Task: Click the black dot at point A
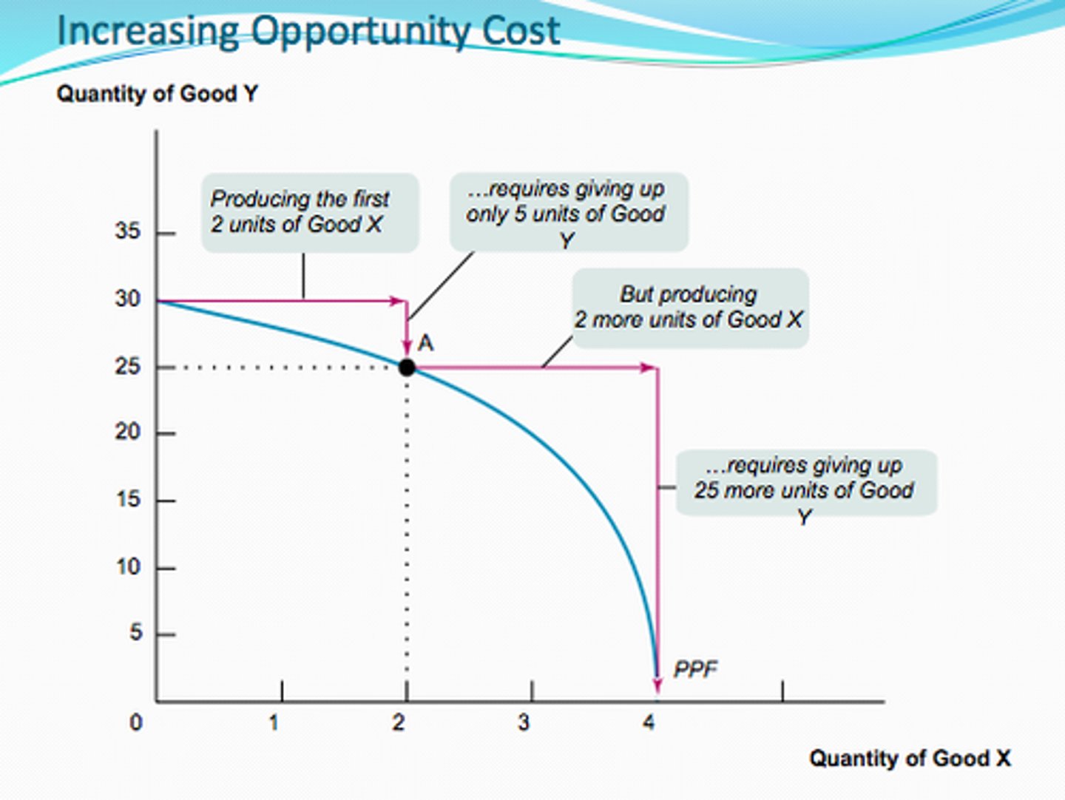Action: click(407, 367)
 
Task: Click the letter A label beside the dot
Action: click(426, 343)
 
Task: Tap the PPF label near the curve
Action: click(695, 669)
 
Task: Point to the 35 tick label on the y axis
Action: click(127, 231)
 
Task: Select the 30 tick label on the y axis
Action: click(127, 299)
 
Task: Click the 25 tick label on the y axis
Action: click(127, 366)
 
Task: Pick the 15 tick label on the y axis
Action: click(127, 499)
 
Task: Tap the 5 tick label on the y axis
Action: click(135, 633)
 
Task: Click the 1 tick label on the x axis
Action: click(274, 722)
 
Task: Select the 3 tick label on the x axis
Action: click(524, 722)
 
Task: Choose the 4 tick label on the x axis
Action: click(649, 722)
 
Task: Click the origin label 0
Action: click(135, 722)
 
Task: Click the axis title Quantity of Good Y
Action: click(157, 94)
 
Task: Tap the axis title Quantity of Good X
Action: click(910, 759)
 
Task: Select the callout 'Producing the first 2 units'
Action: click(310, 212)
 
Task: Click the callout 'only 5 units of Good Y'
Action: click(569, 213)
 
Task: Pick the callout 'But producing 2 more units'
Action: click(690, 308)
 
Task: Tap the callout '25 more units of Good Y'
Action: click(806, 483)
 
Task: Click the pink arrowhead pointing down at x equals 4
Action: click(657, 685)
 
